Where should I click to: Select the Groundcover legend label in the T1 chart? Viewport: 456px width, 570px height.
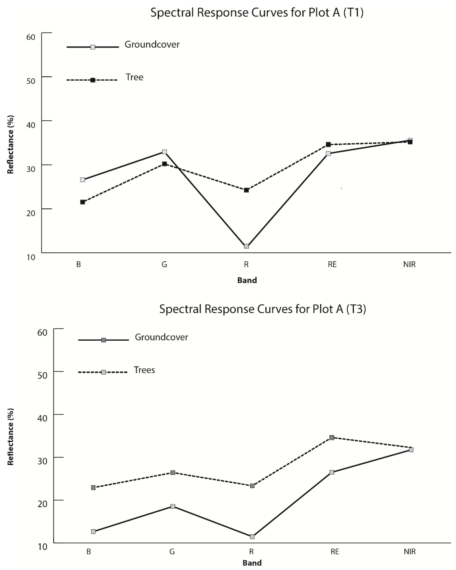[x=152, y=44]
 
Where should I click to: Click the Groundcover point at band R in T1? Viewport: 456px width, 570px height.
[x=246, y=246]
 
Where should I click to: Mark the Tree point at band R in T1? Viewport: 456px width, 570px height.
[x=246, y=190]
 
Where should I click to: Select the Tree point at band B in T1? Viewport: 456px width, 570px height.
[x=82, y=202]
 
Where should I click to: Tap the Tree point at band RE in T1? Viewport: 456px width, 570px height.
[x=328, y=144]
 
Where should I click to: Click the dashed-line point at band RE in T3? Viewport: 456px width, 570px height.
[x=332, y=438]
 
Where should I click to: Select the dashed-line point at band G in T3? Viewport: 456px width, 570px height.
[x=173, y=472]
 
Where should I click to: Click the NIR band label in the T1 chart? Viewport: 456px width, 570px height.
[x=409, y=264]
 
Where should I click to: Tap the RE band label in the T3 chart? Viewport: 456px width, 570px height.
[x=335, y=552]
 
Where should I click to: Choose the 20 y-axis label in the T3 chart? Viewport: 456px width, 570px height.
[x=42, y=504]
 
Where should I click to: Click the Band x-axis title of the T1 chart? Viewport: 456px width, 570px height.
[x=247, y=280]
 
